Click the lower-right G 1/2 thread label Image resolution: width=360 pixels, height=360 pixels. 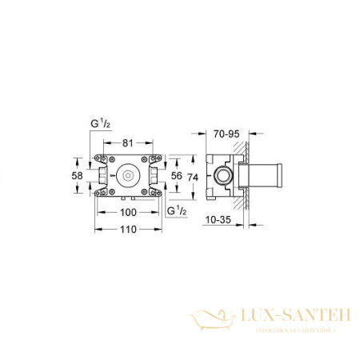pos(178,210)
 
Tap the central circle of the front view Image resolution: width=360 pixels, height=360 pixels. pos(127,173)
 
